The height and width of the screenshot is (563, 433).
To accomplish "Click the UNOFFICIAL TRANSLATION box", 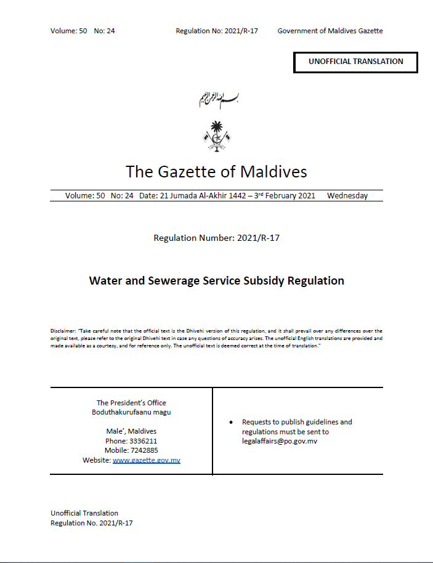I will [355, 62].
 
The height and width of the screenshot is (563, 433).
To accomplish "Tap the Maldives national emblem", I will [216, 136].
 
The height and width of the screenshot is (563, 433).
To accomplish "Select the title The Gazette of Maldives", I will [216, 171].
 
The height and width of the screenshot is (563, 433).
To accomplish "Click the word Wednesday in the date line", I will [347, 196].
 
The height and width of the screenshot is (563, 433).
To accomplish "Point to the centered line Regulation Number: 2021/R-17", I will [216, 238].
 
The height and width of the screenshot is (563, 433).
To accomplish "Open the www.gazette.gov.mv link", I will [147, 460].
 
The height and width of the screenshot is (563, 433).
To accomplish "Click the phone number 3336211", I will [143, 441].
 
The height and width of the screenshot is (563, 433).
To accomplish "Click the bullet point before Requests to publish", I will [230, 423].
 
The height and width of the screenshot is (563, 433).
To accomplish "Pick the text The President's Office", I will [131, 403].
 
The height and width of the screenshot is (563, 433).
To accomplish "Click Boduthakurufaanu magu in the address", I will [131, 412].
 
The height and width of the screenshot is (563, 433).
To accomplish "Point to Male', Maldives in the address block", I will [131, 431].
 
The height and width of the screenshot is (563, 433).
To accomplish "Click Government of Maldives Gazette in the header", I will [330, 31].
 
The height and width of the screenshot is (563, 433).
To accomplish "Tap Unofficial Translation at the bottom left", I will [84, 513].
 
